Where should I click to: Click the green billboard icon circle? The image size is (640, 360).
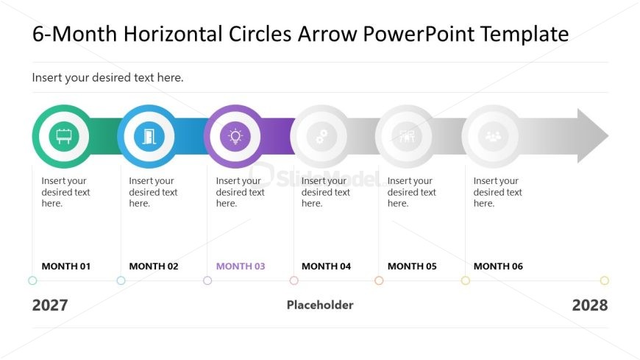(64, 136)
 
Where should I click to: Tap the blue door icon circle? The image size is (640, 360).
(149, 136)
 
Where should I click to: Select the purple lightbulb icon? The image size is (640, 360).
(235, 136)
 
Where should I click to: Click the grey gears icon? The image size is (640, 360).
(321, 136)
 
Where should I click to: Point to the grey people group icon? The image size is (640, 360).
(493, 136)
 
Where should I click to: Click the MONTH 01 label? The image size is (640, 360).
(66, 267)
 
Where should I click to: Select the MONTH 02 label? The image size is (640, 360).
(154, 267)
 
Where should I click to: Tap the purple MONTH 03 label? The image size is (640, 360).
(241, 267)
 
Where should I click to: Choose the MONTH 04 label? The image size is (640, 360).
(326, 267)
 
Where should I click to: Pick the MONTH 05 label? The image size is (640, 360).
(412, 267)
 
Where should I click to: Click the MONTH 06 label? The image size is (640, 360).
(498, 267)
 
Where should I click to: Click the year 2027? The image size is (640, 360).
(50, 306)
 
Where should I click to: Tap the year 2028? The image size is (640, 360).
(590, 306)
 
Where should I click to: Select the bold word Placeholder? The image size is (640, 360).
(320, 305)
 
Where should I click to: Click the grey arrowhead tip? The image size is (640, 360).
(608, 136)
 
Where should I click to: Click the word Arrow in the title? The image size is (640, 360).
(327, 34)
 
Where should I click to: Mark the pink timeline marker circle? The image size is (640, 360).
(294, 280)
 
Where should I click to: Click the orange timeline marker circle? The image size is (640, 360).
(379, 280)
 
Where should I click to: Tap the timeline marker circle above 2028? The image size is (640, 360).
(605, 280)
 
